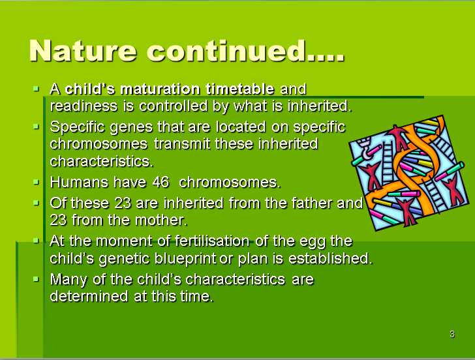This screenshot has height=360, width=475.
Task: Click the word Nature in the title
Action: point(83,51)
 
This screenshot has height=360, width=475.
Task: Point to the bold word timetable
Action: point(240,89)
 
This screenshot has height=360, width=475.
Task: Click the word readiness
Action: point(84,106)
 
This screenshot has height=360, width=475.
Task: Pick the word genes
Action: point(131,127)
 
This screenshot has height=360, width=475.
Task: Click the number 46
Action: point(161,182)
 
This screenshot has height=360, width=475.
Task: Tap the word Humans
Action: point(79,182)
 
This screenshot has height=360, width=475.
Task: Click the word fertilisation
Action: point(212,241)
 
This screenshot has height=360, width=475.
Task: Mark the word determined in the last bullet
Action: point(89,296)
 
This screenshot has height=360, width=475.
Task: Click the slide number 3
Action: point(452,335)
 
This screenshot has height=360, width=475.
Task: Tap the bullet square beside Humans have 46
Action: point(36,182)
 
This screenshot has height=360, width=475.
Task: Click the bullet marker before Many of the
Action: point(36,279)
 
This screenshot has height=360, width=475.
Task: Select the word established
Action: point(330,258)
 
